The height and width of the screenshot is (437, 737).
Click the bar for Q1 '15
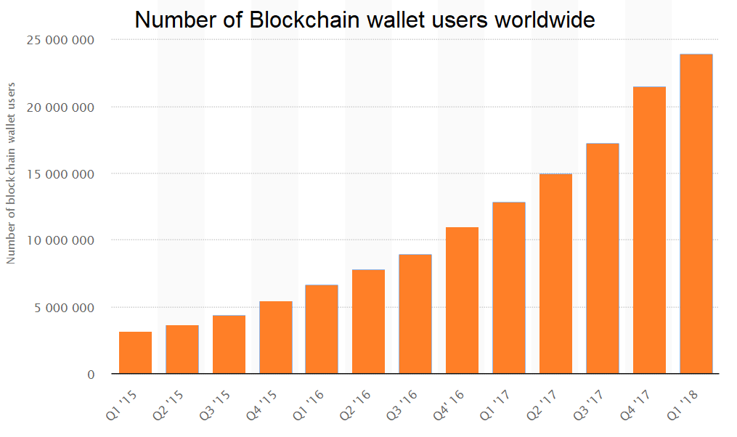coord(136,353)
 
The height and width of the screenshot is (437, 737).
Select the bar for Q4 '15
coord(276,338)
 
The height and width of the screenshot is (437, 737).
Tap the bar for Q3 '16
coord(416,314)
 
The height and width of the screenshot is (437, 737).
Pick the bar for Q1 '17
coord(509,288)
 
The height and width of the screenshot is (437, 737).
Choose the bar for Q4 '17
coord(649,230)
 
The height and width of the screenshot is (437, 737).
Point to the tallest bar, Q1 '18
coord(696,214)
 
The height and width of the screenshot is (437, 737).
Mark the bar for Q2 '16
coord(369,322)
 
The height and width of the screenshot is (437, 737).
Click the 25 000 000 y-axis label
coord(60,40)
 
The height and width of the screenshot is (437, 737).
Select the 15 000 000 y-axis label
coord(60,174)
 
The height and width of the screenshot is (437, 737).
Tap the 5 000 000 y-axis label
coord(64,308)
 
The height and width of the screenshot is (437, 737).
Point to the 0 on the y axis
coord(91,375)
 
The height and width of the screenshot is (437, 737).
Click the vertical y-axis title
coord(11,174)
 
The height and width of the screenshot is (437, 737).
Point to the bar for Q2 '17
coord(556,274)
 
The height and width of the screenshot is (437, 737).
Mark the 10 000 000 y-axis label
coord(60,240)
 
